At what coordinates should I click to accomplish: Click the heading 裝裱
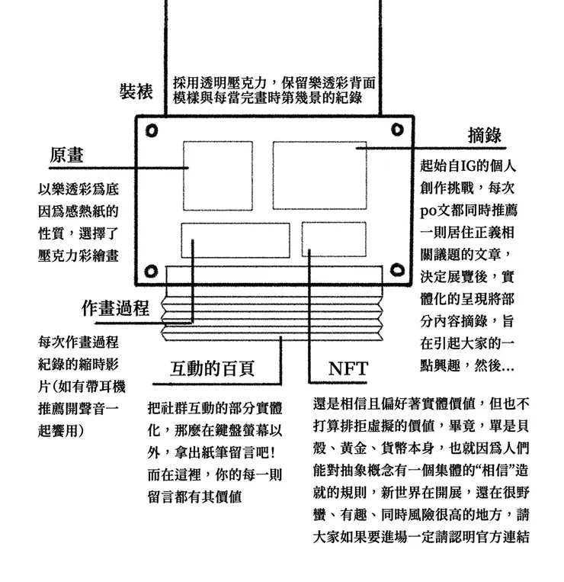point(136,92)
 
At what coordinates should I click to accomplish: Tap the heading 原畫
point(66,155)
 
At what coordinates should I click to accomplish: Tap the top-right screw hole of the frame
point(397,129)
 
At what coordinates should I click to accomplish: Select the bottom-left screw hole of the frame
point(151,271)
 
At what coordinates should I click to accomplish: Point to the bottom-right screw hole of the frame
point(398,271)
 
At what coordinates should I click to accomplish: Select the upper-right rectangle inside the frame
point(320,175)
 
